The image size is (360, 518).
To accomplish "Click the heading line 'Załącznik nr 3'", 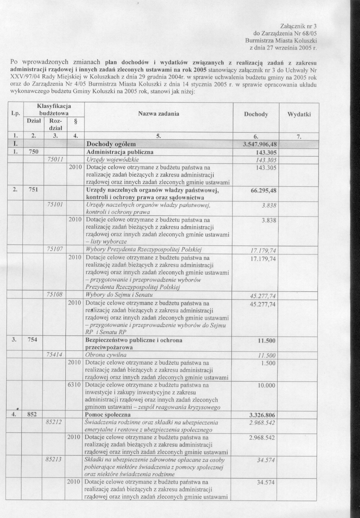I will (298, 26).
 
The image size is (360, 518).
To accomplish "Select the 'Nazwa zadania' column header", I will (159, 114).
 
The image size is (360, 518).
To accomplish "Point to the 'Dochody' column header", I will (256, 114).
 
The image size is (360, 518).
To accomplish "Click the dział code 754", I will (32, 340).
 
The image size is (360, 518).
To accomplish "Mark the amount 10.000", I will (266, 385).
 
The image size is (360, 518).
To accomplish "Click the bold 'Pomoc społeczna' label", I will (108, 415).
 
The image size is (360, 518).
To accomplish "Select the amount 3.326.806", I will (262, 415).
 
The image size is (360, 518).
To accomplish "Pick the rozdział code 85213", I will (54, 459).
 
